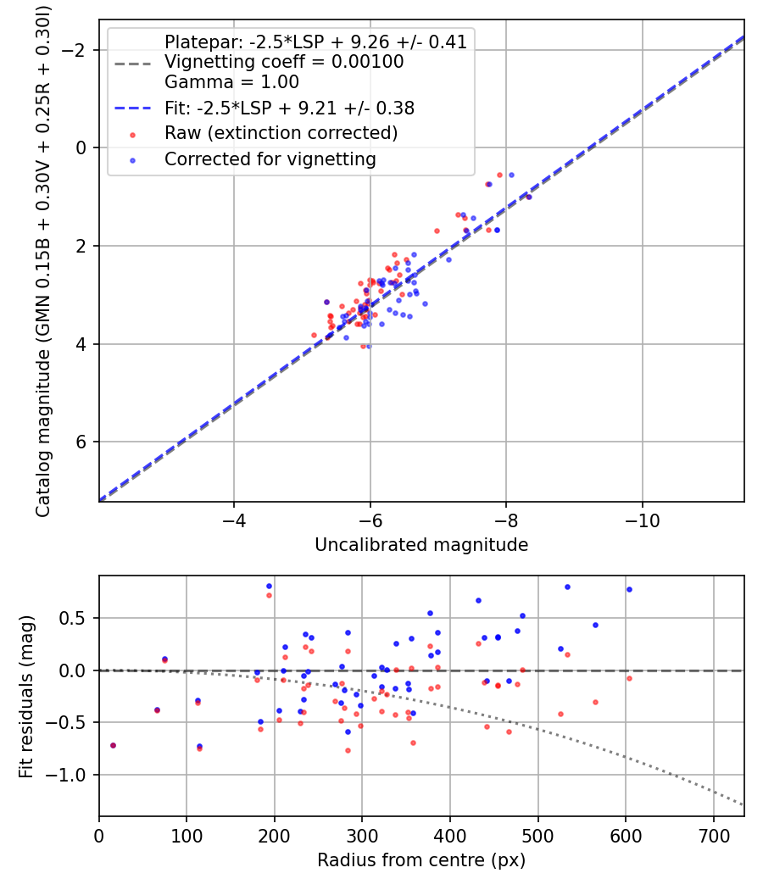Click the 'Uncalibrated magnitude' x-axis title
pyautogui.click(x=421, y=545)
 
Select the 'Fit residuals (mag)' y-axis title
pyautogui.click(x=26, y=696)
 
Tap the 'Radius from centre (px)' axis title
pyautogui.click(x=421, y=860)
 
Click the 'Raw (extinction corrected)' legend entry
pyautogui.click(x=281, y=133)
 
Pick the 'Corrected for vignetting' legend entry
pyautogui.click(x=270, y=159)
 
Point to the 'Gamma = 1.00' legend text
pyautogui.click(x=231, y=82)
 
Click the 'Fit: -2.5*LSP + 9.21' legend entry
pyautogui.click(x=289, y=108)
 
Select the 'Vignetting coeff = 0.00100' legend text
pyautogui.click(x=284, y=62)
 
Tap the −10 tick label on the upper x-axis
pyautogui.click(x=642, y=518)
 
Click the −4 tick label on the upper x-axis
pyautogui.click(x=234, y=518)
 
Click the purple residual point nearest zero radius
pyautogui.click(x=113, y=745)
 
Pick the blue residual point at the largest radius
pyautogui.click(x=629, y=589)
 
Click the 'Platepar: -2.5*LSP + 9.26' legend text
pyautogui.click(x=315, y=42)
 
